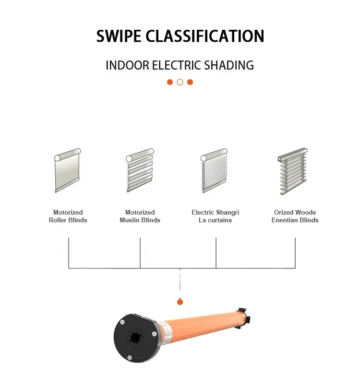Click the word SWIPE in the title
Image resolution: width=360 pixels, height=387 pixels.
(x=119, y=36)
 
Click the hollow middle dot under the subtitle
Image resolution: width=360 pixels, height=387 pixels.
(x=180, y=82)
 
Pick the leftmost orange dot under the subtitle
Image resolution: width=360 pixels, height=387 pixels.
(x=170, y=82)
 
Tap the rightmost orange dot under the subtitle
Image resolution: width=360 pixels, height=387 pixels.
(x=190, y=82)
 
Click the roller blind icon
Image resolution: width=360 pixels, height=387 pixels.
(x=67, y=170)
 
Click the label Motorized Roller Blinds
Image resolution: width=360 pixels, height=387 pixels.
(x=68, y=216)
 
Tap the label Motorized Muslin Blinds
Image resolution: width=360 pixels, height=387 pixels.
(x=140, y=216)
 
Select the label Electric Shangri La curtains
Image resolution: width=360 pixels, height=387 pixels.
(x=215, y=216)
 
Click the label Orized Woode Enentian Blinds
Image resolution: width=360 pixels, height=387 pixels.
(x=295, y=216)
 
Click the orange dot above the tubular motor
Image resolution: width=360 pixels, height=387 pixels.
(x=180, y=302)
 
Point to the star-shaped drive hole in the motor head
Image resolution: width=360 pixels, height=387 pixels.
(x=136, y=337)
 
